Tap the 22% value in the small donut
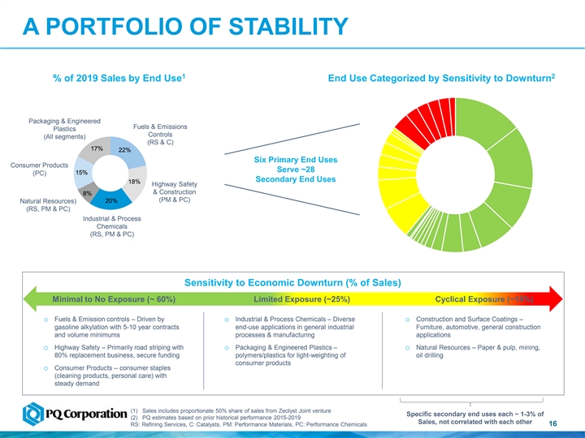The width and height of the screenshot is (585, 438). click(124, 150)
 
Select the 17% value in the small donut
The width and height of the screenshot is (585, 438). click(97, 148)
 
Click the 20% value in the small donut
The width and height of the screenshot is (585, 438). click(111, 200)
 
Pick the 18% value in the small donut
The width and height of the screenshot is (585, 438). click(135, 182)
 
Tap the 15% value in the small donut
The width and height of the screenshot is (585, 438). click(81, 173)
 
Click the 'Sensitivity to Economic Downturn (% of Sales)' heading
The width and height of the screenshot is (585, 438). click(292, 283)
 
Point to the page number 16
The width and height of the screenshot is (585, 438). click(552, 425)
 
